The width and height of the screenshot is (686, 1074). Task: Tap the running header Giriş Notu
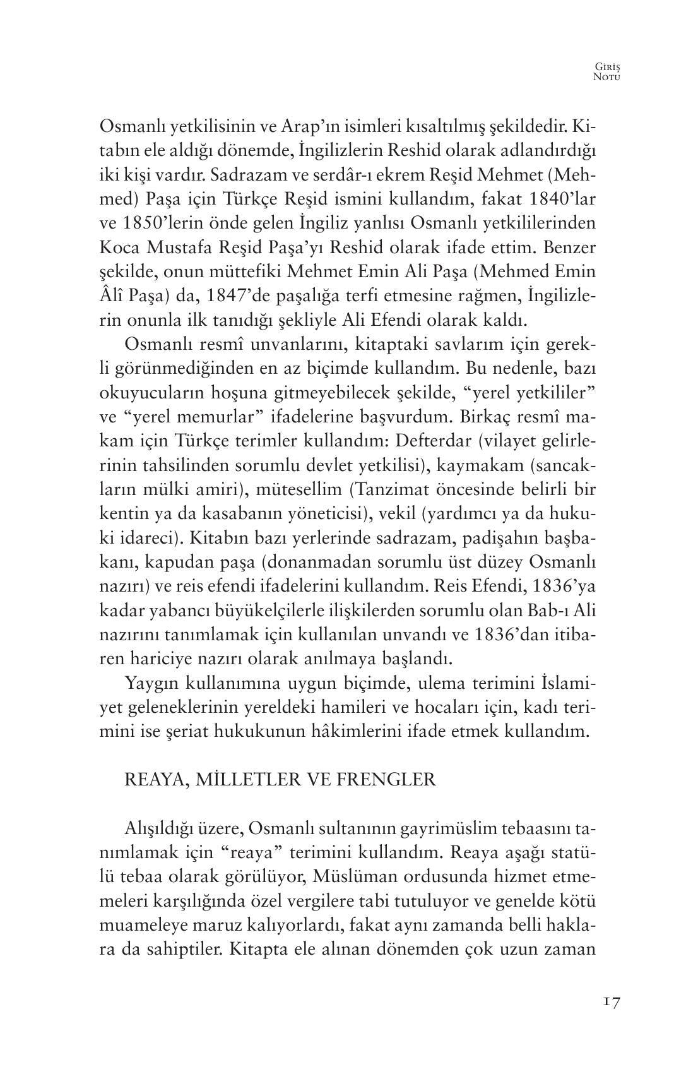click(608, 71)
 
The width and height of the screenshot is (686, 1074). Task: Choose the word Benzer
click(567, 247)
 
